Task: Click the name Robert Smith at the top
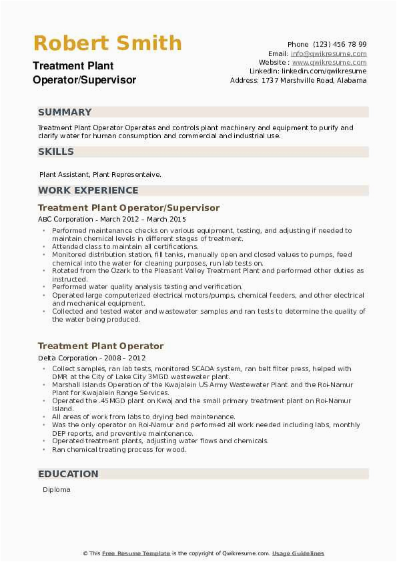[107, 43]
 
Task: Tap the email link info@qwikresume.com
[328, 53]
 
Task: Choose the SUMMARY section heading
[65, 112]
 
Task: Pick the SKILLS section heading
[56, 152]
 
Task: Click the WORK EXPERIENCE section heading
[88, 190]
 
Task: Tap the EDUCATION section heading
[68, 474]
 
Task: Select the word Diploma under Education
[57, 490]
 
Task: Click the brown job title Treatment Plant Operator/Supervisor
[129, 208]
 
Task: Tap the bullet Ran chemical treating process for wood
[119, 449]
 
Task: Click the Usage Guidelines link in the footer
[298, 553]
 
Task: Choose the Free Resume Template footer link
[137, 553]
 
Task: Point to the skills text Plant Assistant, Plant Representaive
[100, 174]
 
